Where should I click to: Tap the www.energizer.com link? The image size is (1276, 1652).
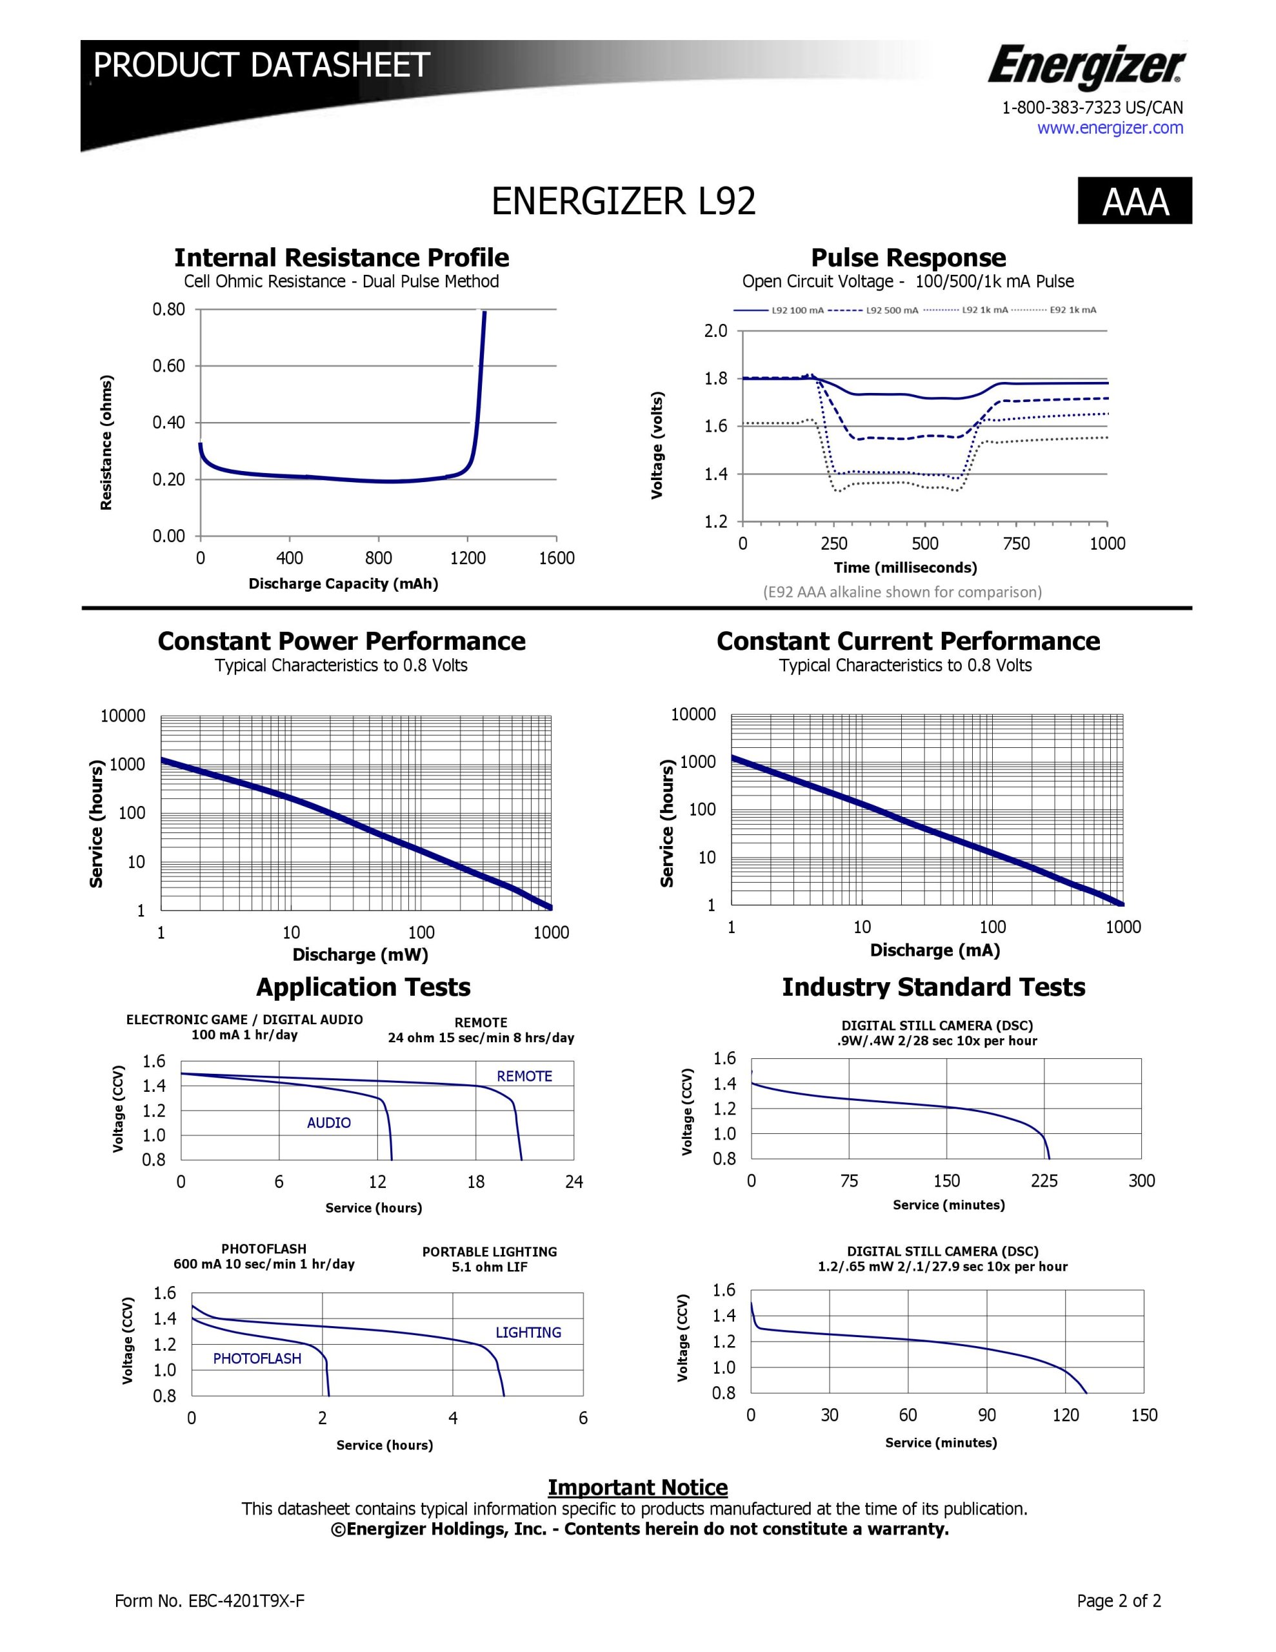pos(1110,128)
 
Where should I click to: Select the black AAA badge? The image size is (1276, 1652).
pos(1135,201)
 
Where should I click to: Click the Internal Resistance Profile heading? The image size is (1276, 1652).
pos(341,258)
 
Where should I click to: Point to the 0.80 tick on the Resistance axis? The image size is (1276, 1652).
pos(168,309)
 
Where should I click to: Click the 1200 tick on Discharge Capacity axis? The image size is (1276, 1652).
pos(468,558)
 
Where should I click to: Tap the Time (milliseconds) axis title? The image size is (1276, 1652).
pos(904,567)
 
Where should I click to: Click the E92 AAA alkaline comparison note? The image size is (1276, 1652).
pos(902,592)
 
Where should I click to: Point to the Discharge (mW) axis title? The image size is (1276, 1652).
pos(360,954)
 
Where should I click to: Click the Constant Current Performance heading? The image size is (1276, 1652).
pos(908,641)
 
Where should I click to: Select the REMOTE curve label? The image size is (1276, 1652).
pos(524,1076)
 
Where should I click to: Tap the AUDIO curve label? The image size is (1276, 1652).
pos(329,1122)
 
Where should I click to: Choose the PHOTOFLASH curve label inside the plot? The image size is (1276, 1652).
pos(257,1358)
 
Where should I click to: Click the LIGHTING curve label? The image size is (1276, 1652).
pos(528,1333)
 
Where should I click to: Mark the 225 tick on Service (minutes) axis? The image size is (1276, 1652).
pos(1044,1182)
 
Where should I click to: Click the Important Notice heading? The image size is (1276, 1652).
pos(637,1487)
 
